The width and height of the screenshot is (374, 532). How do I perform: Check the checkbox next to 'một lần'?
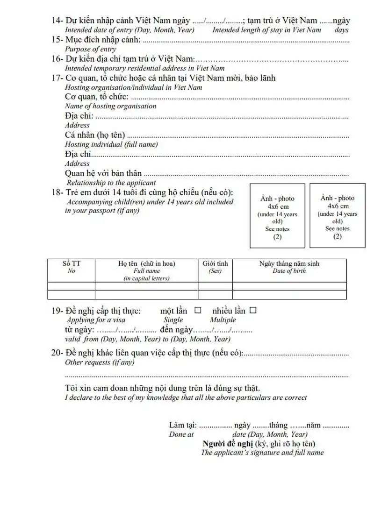[x=198, y=310]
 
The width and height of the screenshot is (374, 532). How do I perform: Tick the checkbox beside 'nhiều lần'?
[x=253, y=310]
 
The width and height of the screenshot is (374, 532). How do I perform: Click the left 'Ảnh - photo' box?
[x=278, y=215]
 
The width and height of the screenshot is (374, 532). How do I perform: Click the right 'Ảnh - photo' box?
[x=338, y=215]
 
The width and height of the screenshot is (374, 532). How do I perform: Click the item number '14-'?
[x=58, y=21]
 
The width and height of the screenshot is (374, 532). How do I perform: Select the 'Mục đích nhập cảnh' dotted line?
[x=245, y=40]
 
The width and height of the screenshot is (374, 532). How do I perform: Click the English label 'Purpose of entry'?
[x=91, y=49]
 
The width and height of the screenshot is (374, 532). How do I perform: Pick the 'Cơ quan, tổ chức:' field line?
[x=240, y=98]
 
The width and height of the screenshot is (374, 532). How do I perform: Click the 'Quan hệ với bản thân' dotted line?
[x=246, y=174]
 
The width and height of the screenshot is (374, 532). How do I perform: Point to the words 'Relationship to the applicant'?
[x=111, y=183]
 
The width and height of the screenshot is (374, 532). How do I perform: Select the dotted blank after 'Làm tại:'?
[x=216, y=426]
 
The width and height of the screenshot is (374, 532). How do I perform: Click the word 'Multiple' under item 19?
[x=223, y=320]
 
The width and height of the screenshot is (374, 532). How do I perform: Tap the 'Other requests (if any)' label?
[x=100, y=362]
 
